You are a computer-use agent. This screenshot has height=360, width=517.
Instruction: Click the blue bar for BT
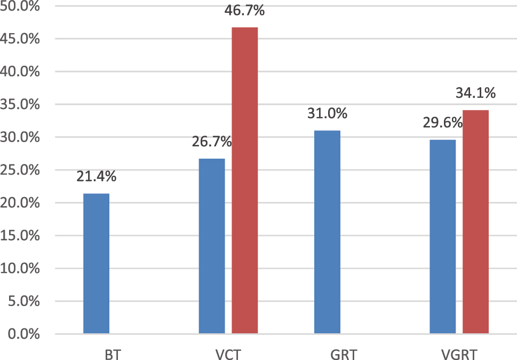tap(97, 264)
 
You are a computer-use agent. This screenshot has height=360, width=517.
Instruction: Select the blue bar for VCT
tap(212, 246)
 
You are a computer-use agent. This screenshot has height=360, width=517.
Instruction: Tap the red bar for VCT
tap(245, 181)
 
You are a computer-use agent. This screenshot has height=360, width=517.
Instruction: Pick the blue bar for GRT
tap(327, 232)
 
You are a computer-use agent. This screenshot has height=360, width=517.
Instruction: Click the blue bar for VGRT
tap(443, 237)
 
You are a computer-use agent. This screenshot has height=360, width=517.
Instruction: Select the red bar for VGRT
tap(475, 222)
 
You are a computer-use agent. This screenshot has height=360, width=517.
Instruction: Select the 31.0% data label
tap(327, 114)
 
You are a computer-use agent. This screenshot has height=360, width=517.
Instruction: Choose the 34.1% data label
tap(475, 94)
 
